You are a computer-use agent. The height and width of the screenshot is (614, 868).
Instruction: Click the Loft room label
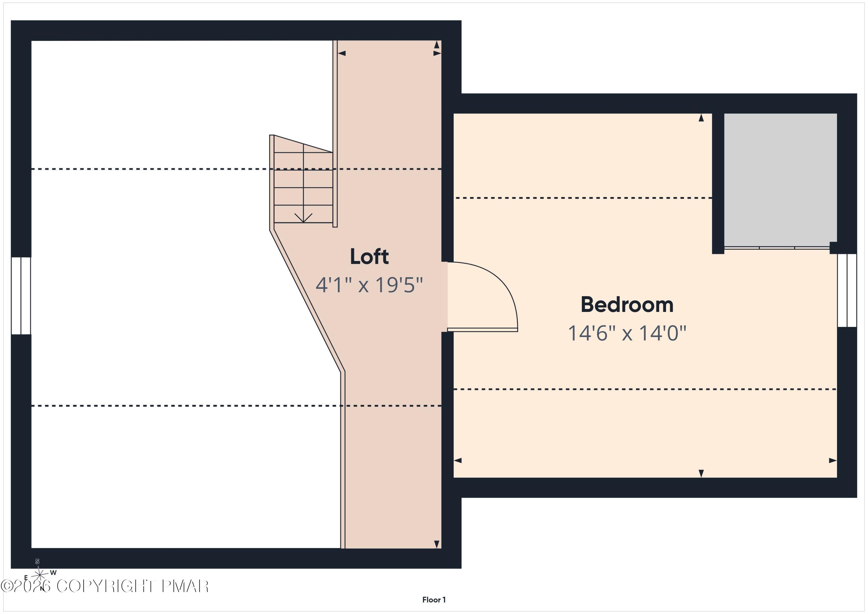[369, 257]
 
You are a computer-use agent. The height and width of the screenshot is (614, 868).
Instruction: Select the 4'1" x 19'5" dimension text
[369, 285]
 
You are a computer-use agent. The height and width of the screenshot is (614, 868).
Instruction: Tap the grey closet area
[780, 180]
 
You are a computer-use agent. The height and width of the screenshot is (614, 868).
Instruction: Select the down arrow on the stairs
[303, 217]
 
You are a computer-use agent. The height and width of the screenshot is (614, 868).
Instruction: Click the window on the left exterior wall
[21, 296]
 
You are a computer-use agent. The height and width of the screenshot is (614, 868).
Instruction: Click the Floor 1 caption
[434, 600]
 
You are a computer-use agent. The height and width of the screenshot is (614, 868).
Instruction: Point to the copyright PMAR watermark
[105, 586]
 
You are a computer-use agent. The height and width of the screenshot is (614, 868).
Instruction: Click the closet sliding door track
[777, 248]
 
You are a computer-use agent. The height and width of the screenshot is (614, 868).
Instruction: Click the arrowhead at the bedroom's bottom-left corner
[457, 461]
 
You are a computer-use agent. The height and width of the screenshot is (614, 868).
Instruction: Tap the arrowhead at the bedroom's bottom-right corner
[833, 461]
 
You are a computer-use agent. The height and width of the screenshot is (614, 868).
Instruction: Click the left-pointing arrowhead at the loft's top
[342, 53]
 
